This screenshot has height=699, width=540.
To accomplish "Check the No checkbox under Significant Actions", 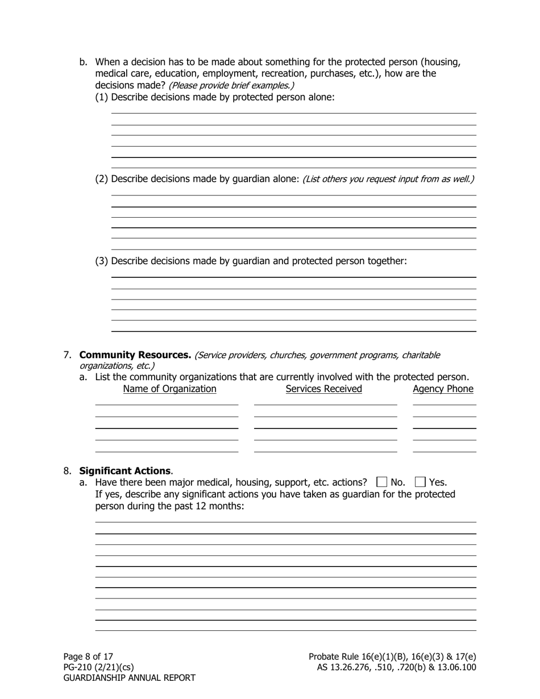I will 381,482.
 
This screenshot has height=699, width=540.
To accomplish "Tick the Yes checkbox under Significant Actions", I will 420,482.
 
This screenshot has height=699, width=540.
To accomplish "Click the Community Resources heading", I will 135,355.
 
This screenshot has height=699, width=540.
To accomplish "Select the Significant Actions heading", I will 125,471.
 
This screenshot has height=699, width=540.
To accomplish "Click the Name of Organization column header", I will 169,389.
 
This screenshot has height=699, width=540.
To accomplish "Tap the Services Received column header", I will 323,389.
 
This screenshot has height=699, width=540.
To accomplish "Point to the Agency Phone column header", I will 443,389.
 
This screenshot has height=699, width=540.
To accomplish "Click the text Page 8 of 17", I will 88,656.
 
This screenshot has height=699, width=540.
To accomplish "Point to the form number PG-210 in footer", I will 98,667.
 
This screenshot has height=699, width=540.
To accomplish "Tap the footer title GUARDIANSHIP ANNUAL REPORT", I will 129,678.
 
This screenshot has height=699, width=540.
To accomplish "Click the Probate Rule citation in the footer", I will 392,656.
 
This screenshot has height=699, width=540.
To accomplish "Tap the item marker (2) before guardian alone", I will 101,179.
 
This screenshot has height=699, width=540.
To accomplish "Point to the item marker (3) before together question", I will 101,261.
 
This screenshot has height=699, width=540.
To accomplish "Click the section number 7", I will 67,355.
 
